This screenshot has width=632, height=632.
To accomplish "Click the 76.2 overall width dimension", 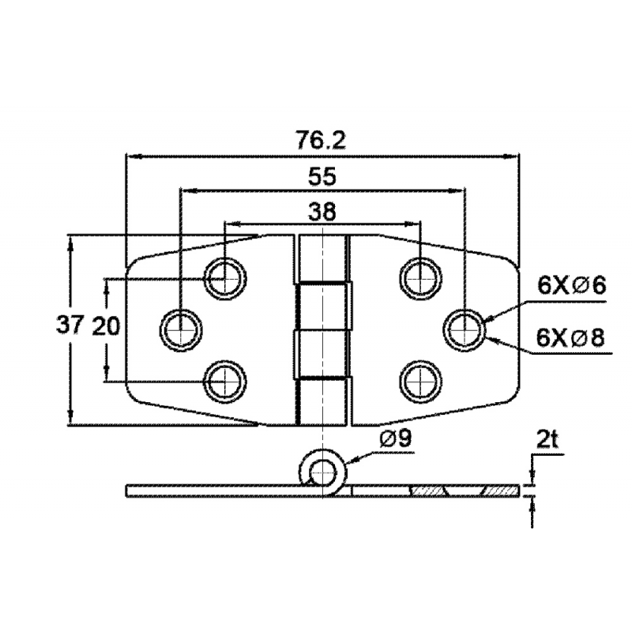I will pyautogui.click(x=322, y=141).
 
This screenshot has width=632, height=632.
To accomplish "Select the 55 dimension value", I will pyautogui.click(x=322, y=177).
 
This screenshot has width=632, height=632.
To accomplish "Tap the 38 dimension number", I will pyautogui.click(x=322, y=211).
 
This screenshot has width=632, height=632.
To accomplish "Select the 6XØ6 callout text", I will pyautogui.click(x=571, y=286).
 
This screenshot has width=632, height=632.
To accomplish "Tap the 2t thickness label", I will pyautogui.click(x=546, y=440).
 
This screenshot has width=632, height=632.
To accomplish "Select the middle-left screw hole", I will pyautogui.click(x=181, y=327).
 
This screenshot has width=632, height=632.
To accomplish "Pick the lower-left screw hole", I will pyautogui.click(x=224, y=378).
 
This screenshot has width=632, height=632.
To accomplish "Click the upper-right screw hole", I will pyautogui.click(x=419, y=276).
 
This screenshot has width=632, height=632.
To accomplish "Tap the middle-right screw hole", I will pyautogui.click(x=463, y=327).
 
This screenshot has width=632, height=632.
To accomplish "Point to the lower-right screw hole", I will pyautogui.click(x=419, y=378).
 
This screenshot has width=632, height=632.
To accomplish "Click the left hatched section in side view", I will pyautogui.click(x=427, y=491).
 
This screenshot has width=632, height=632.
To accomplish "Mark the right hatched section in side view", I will pyautogui.click(x=499, y=491).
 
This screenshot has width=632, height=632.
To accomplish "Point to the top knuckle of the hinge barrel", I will pyautogui.click(x=322, y=258).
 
